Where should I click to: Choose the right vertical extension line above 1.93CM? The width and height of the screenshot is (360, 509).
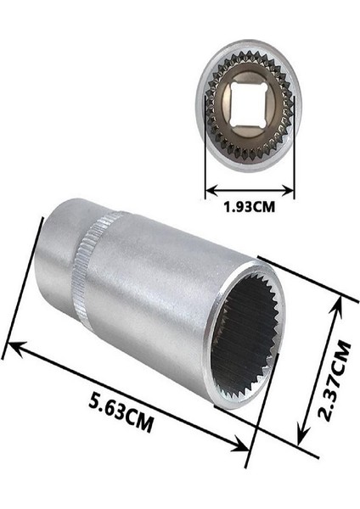pyautogui.click(x=295, y=165)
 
